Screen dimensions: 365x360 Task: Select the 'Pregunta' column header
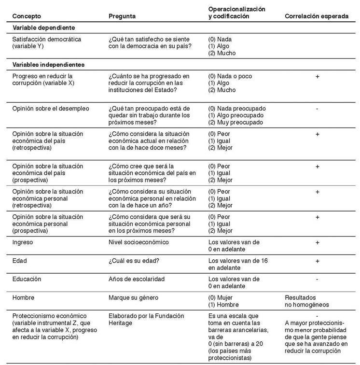click(x=122, y=16)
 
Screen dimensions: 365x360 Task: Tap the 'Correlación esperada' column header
click(x=317, y=16)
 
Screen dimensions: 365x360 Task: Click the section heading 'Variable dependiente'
click(x=43, y=28)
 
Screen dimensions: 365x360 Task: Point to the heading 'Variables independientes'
click(x=48, y=64)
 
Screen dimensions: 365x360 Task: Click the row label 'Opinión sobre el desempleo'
click(x=51, y=108)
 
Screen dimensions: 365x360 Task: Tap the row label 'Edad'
click(x=20, y=261)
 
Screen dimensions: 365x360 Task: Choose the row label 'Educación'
click(x=27, y=279)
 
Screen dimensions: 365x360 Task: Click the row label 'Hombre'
click(x=23, y=297)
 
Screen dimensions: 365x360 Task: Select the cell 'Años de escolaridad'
click(x=137, y=279)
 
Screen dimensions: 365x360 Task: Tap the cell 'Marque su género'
click(x=134, y=297)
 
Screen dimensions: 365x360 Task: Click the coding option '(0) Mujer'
click(x=222, y=298)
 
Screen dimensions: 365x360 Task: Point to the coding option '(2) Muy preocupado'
click(x=235, y=123)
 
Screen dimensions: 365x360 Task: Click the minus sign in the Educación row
click(x=317, y=279)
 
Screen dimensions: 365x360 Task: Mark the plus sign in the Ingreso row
click(x=317, y=242)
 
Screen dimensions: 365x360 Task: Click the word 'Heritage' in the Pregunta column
click(x=120, y=323)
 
